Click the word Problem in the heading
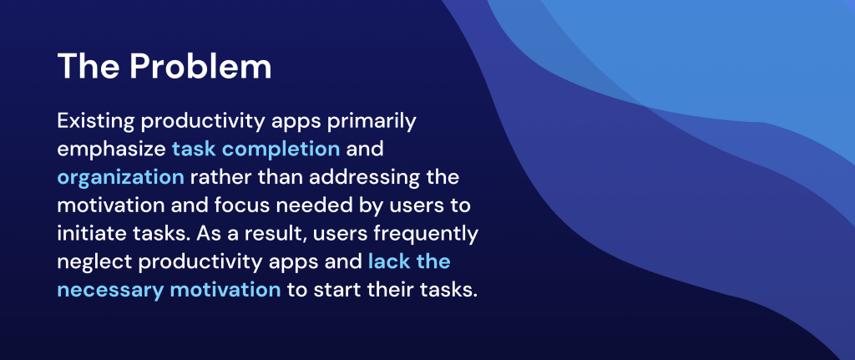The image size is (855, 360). (200, 67)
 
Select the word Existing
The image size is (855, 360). (95, 122)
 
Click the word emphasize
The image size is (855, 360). (111, 150)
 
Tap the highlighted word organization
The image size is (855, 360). (120, 178)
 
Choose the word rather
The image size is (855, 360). (220, 178)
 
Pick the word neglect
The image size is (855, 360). (94, 262)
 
